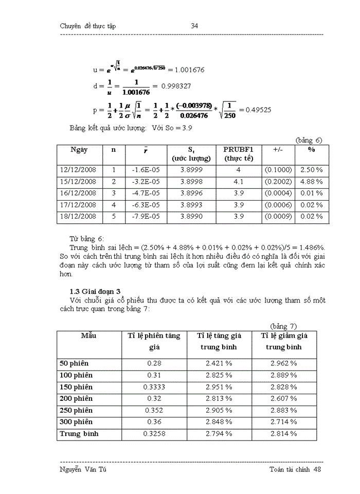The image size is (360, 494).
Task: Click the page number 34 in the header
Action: [194, 26]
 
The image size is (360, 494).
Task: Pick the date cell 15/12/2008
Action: [78, 182]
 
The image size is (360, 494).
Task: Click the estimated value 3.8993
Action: [191, 205]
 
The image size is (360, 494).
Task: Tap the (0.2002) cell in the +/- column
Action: [278, 182]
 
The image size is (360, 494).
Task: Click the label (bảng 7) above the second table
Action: [284, 326]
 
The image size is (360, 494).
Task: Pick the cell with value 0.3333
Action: [154, 387]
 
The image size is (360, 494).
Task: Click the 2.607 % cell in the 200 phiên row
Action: [284, 399]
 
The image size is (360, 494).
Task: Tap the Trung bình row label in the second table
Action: [79, 434]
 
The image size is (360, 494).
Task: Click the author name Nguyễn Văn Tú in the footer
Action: [83, 469]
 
